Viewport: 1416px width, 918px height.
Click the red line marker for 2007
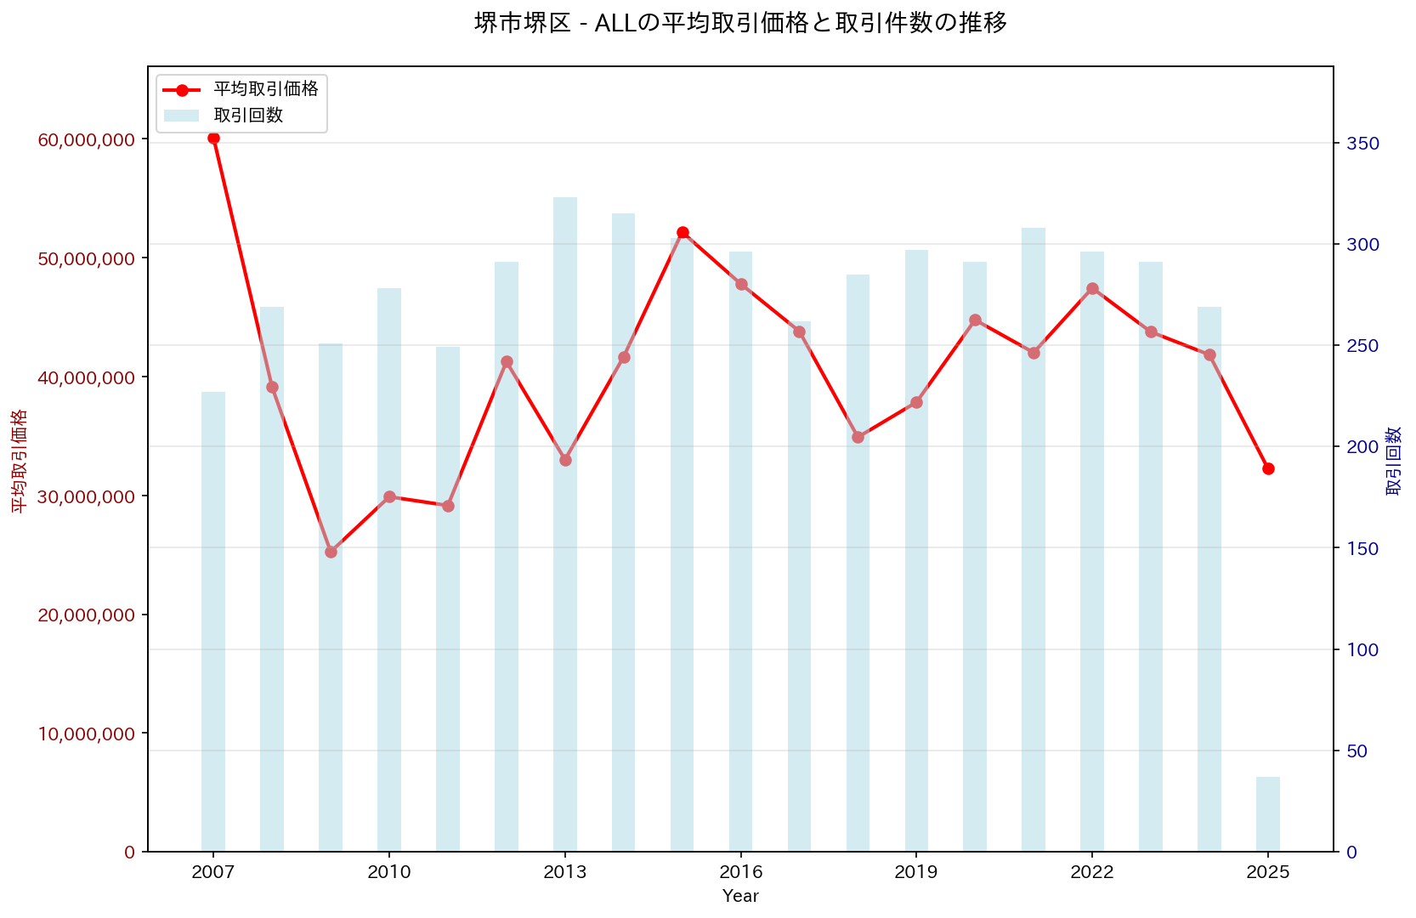213,138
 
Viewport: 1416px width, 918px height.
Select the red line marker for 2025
1268,468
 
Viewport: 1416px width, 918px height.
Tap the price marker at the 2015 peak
683,232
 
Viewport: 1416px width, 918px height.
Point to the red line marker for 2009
331,552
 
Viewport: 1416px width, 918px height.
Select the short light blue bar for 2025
1268,814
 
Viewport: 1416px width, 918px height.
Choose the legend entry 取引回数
248,116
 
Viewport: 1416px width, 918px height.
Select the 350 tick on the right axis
1362,144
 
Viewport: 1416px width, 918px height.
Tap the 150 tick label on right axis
1362,548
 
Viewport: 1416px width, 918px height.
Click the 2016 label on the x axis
740,872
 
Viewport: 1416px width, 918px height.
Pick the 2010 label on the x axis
389,872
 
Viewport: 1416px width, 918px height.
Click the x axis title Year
740,896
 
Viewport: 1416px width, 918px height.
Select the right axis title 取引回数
1394,460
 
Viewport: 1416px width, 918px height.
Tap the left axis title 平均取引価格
19,460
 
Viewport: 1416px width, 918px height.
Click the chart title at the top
740,23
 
